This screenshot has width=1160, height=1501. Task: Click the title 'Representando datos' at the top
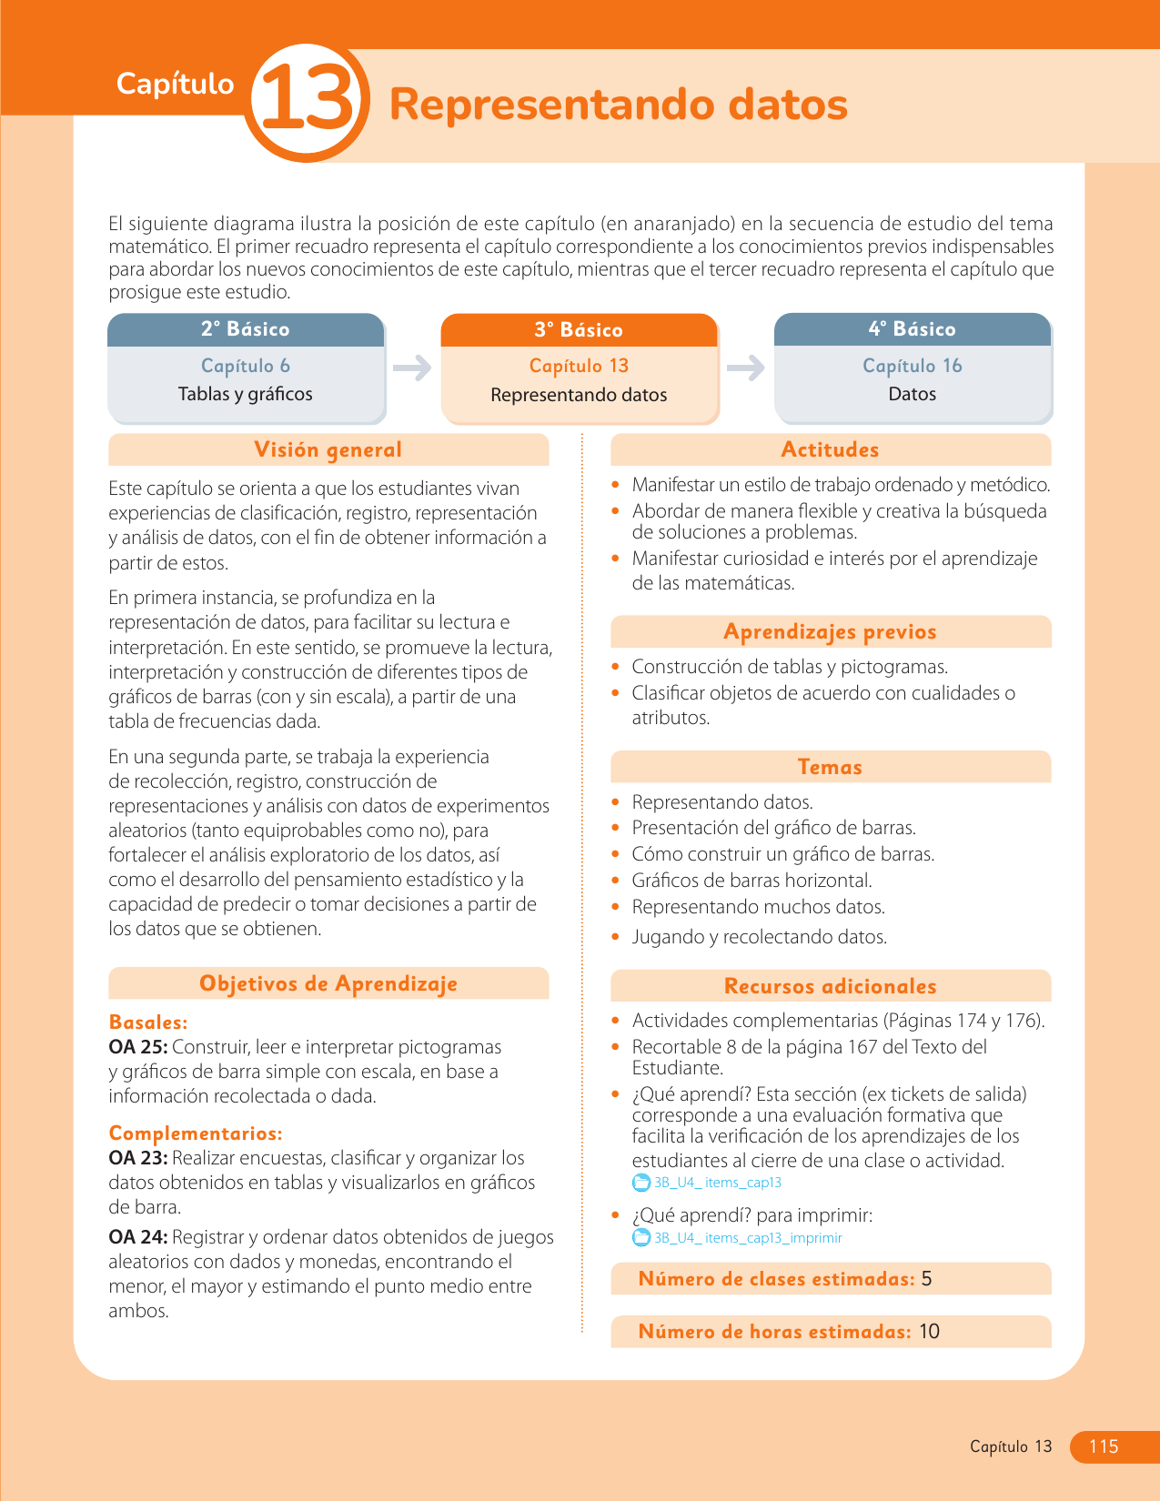pyautogui.click(x=618, y=105)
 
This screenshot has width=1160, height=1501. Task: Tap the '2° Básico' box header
pyautogui.click(x=246, y=329)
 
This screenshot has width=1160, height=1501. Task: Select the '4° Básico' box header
pyautogui.click(x=913, y=329)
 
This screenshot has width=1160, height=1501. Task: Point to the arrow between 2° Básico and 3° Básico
pyautogui.click(x=412, y=368)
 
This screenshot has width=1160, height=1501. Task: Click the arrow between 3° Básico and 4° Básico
pyautogui.click(x=746, y=368)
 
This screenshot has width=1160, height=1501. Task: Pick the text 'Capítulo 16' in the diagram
pyautogui.click(x=913, y=366)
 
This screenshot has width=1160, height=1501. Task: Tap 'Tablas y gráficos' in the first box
pyautogui.click(x=246, y=394)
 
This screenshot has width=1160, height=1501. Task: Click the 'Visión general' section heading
pyautogui.click(x=328, y=449)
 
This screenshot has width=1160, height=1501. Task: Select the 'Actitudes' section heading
pyautogui.click(x=830, y=449)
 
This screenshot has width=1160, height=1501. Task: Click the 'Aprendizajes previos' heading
pyautogui.click(x=830, y=631)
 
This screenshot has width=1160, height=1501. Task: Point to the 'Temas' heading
pyautogui.click(x=830, y=767)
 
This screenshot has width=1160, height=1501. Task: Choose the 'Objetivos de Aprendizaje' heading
pyautogui.click(x=328, y=983)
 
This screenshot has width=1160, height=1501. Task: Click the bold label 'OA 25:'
pyautogui.click(x=137, y=1047)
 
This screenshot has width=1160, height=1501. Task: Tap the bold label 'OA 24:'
pyautogui.click(x=137, y=1237)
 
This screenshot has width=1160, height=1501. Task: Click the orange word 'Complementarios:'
pyautogui.click(x=196, y=1133)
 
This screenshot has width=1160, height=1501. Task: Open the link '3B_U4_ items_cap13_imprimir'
pyautogui.click(x=748, y=1238)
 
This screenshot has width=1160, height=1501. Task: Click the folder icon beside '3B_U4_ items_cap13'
pyautogui.click(x=641, y=1183)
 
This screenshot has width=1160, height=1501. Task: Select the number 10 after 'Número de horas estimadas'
pyautogui.click(x=929, y=1332)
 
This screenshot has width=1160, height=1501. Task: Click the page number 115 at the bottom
pyautogui.click(x=1104, y=1446)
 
